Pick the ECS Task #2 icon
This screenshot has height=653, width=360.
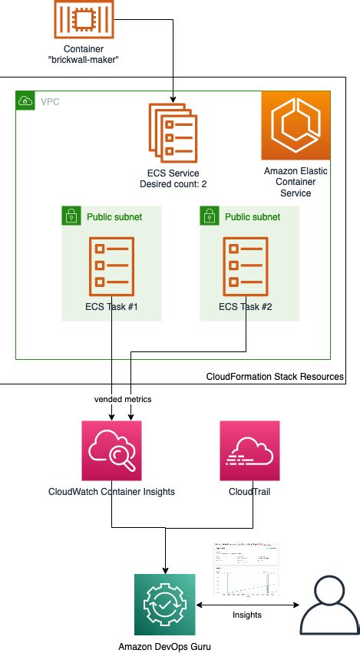click(x=245, y=265)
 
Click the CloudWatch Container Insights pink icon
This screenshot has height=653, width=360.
click(x=112, y=450)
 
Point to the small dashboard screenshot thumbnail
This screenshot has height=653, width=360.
click(x=246, y=569)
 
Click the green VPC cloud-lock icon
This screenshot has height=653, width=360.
click(x=25, y=100)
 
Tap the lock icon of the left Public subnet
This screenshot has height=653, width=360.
click(x=71, y=216)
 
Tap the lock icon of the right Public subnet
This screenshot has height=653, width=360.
click(x=209, y=216)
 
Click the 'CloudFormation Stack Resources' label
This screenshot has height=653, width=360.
click(x=275, y=377)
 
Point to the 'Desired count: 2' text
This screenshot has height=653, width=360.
click(x=172, y=184)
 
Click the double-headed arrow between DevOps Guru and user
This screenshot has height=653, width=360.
click(x=248, y=604)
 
